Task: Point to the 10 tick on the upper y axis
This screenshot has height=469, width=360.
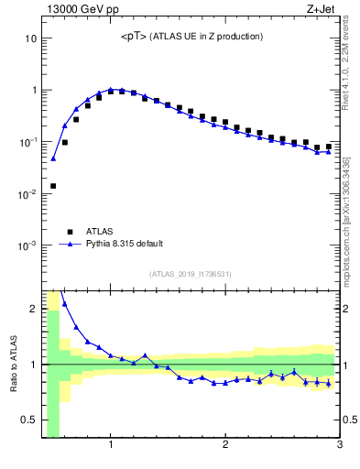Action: pos(30,38)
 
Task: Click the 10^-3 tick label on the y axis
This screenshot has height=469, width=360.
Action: pos(27,245)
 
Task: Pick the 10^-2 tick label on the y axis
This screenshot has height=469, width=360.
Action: pos(27,194)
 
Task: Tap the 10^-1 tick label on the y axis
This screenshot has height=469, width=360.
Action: pos(27,142)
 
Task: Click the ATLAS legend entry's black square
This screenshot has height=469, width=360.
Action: pos(67,232)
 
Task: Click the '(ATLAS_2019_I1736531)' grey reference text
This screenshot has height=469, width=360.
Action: pos(190,274)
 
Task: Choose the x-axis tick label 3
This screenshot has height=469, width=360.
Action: pos(339,446)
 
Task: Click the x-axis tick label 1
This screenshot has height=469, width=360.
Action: pos(111,446)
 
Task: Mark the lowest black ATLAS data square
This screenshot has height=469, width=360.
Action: pos(53,186)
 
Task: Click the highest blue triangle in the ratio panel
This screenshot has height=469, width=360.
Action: pos(64,303)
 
